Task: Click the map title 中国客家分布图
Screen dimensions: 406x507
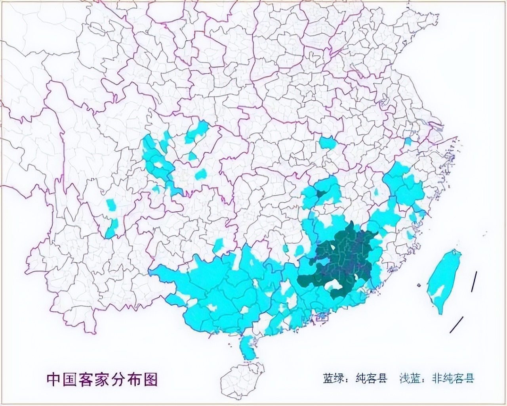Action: coord(102,379)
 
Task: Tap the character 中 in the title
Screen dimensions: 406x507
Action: coord(53,379)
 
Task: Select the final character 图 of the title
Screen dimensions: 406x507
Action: coord(151,379)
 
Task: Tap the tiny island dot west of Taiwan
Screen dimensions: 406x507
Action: coord(419,285)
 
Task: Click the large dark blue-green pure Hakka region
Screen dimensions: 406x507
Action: coord(345,254)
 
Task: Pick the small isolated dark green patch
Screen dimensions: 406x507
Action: coord(321,194)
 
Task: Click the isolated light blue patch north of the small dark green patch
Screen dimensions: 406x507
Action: coord(328,142)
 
